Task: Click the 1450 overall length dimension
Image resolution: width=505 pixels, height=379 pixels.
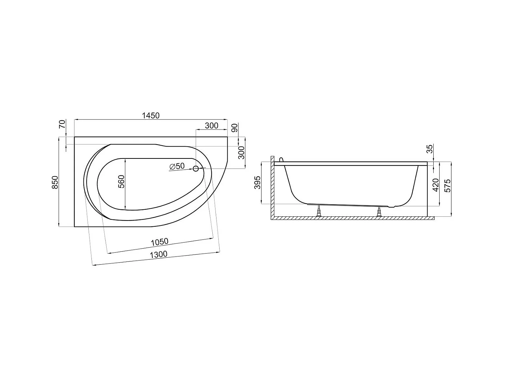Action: point(151,115)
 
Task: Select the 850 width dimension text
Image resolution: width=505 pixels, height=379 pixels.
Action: point(55,182)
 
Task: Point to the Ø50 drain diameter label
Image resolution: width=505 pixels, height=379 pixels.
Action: point(177,166)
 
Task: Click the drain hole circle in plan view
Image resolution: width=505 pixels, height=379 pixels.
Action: point(196,169)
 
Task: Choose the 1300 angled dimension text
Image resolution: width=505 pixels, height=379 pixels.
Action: point(158,255)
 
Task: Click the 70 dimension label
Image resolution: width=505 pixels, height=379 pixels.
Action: point(63,124)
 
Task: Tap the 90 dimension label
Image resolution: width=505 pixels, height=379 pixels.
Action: point(234,128)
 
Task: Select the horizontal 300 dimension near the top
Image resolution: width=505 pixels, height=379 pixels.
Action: point(211,126)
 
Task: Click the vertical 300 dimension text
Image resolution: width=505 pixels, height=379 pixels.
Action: point(241,153)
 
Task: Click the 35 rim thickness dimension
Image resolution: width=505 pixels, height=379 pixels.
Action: point(429,149)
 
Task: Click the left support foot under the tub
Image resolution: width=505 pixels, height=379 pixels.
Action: point(318,211)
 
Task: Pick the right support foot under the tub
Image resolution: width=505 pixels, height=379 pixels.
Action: point(380,211)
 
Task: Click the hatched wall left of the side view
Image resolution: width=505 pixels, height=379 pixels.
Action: point(272,187)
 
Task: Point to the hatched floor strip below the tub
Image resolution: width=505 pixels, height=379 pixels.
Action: point(353,218)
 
